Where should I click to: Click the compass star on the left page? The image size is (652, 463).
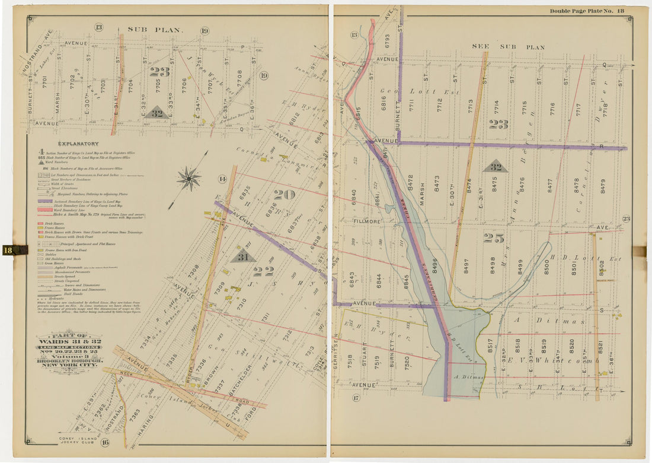pos(188,178)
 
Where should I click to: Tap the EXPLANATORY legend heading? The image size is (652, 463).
pos(78,144)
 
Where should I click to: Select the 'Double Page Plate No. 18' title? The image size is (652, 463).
pos(586,11)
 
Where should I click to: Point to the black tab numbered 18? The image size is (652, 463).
pos(14,250)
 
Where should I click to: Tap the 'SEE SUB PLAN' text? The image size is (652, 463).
pos(508,46)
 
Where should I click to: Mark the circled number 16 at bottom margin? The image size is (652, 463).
pos(104,442)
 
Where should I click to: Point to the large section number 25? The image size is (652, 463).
pos(493,237)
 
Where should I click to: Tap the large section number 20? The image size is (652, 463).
pos(284,194)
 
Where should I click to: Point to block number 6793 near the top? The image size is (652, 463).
pos(387,41)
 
